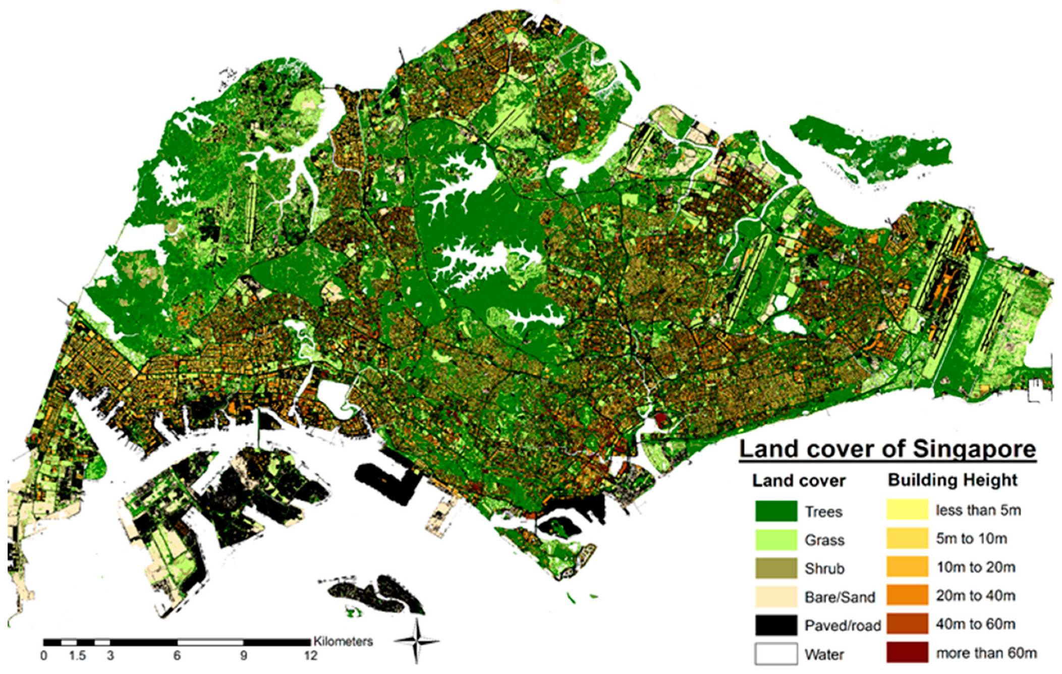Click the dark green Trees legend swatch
point(776,511)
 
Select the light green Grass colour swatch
point(776,540)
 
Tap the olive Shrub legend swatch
point(776,568)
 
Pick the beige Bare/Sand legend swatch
point(776,597)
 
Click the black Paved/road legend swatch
point(776,625)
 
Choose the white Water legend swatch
point(776,654)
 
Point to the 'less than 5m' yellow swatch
point(907,510)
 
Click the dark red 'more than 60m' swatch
point(907,652)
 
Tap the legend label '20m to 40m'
point(975,595)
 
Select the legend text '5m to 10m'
point(971,538)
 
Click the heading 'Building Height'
point(952,480)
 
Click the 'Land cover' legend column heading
point(798,481)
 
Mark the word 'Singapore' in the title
point(974,448)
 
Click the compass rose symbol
point(417,642)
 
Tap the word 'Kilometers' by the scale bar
point(343,641)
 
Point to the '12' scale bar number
point(310,656)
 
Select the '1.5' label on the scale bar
point(77,656)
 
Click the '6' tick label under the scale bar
point(177,656)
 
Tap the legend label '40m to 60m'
point(975,624)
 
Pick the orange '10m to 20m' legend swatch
point(907,567)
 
